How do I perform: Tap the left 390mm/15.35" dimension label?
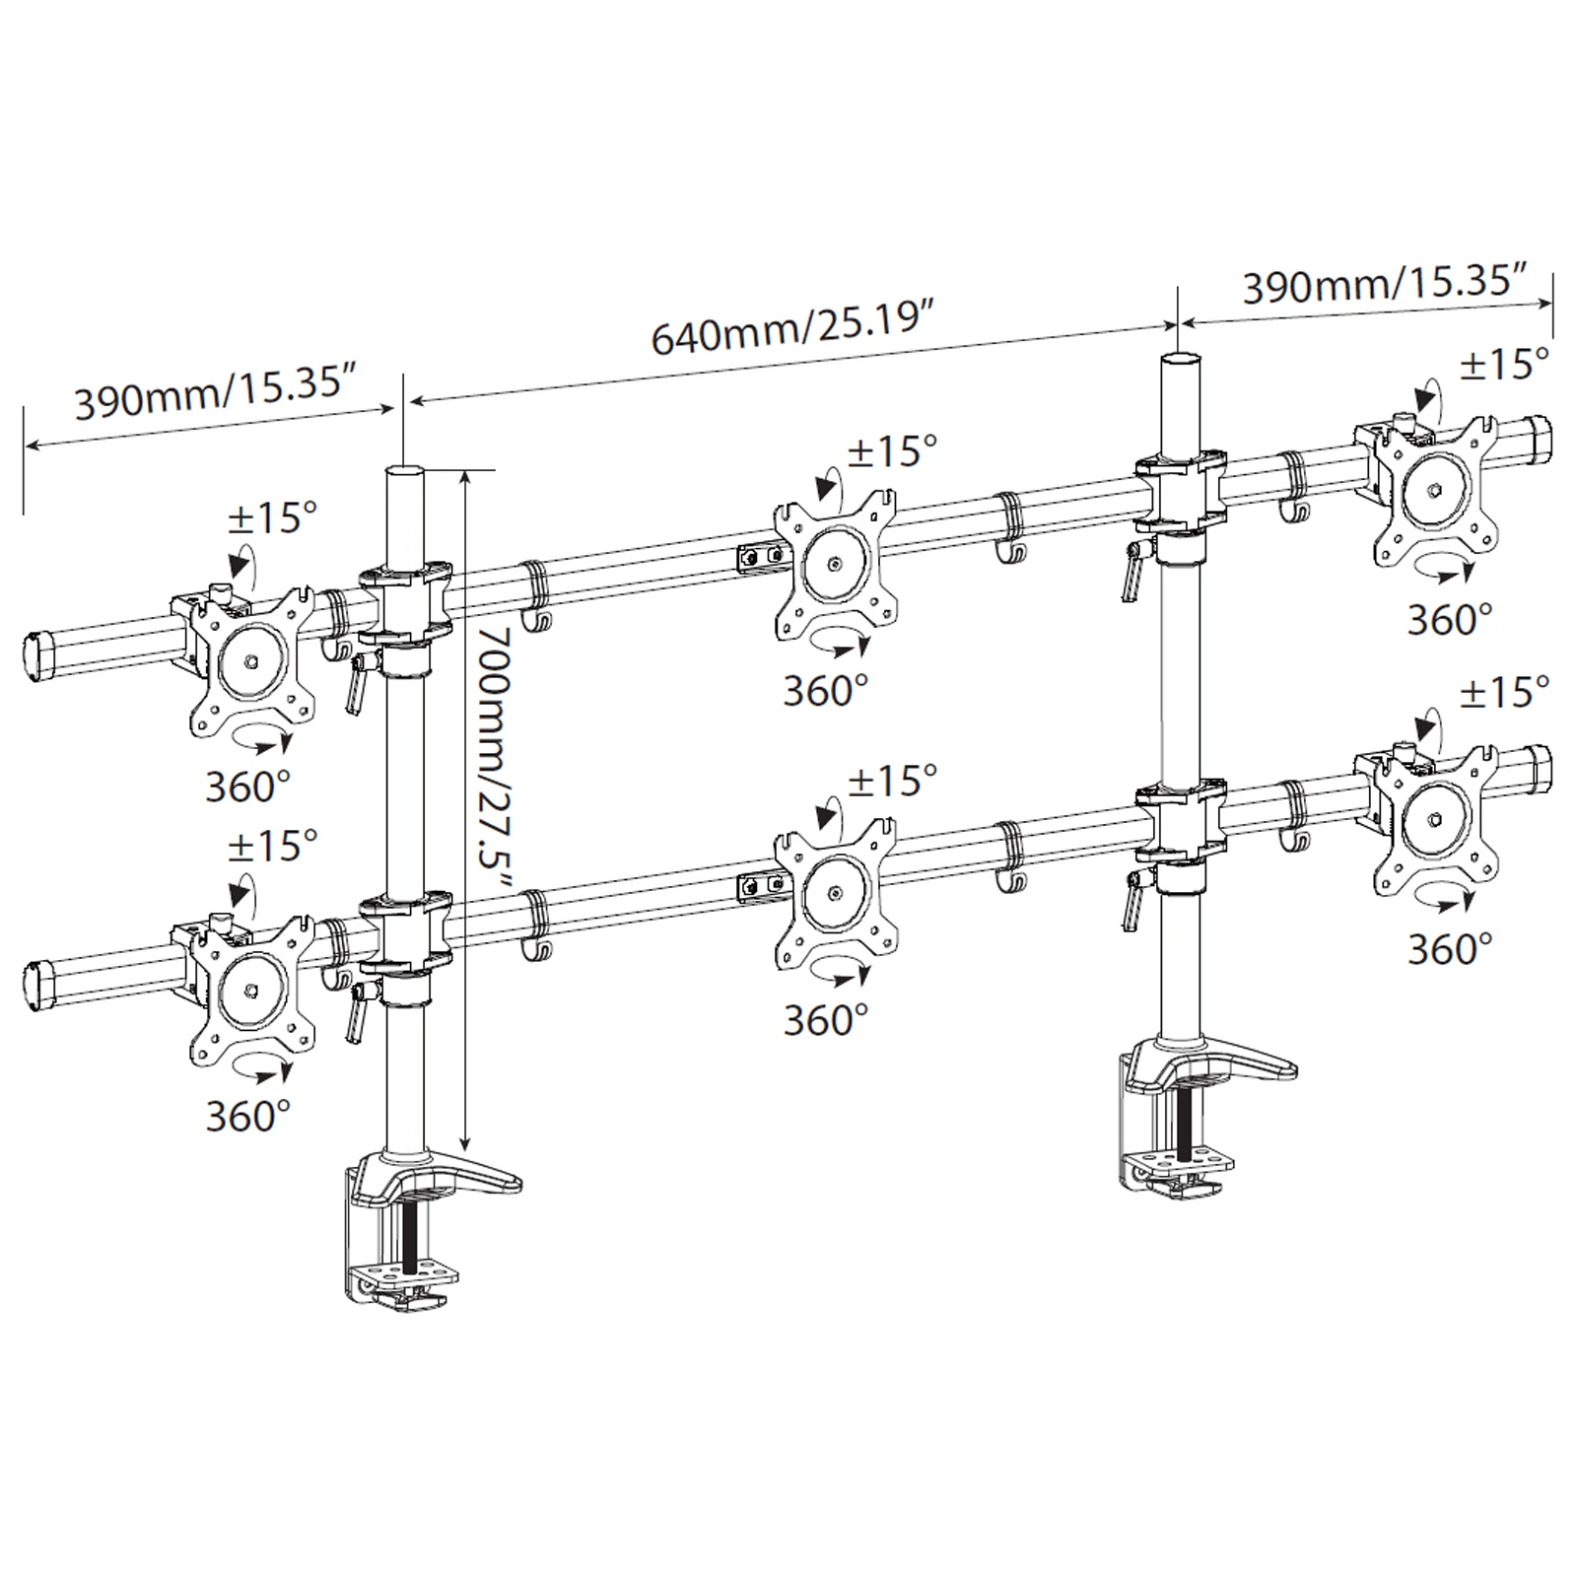coord(214,391)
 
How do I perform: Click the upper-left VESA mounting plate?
coord(251,661)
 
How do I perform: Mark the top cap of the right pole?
coord(1182,360)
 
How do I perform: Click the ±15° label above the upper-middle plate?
coord(891,451)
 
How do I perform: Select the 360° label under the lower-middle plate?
coord(826,1020)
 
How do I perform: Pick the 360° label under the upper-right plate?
coord(1449,619)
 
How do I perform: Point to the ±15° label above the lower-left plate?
coord(272,845)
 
